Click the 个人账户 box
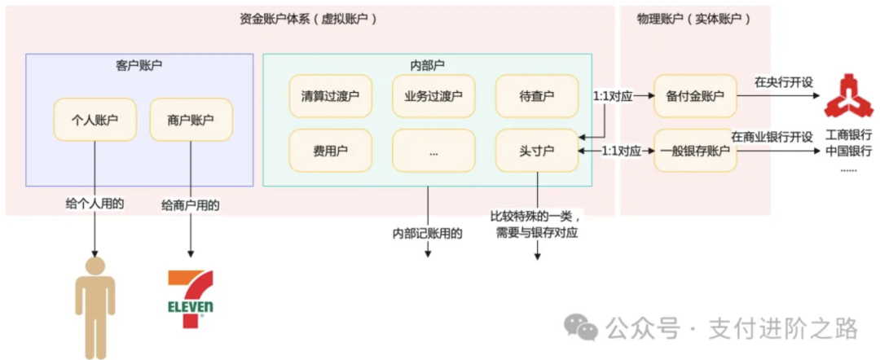coord(95,120)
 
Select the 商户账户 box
coord(191,120)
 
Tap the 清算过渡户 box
coord(330,96)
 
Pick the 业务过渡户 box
coord(433,96)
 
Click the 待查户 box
coord(536,96)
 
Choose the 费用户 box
coord(330,151)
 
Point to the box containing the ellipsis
coord(433,151)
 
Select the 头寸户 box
coord(536,151)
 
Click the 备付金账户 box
coord(694,96)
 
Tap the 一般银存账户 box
coord(694,151)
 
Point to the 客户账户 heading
coord(139,64)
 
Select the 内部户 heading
coord(427,64)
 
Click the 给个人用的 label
coord(95,204)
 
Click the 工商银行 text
coord(848,134)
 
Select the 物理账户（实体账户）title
coord(694,17)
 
